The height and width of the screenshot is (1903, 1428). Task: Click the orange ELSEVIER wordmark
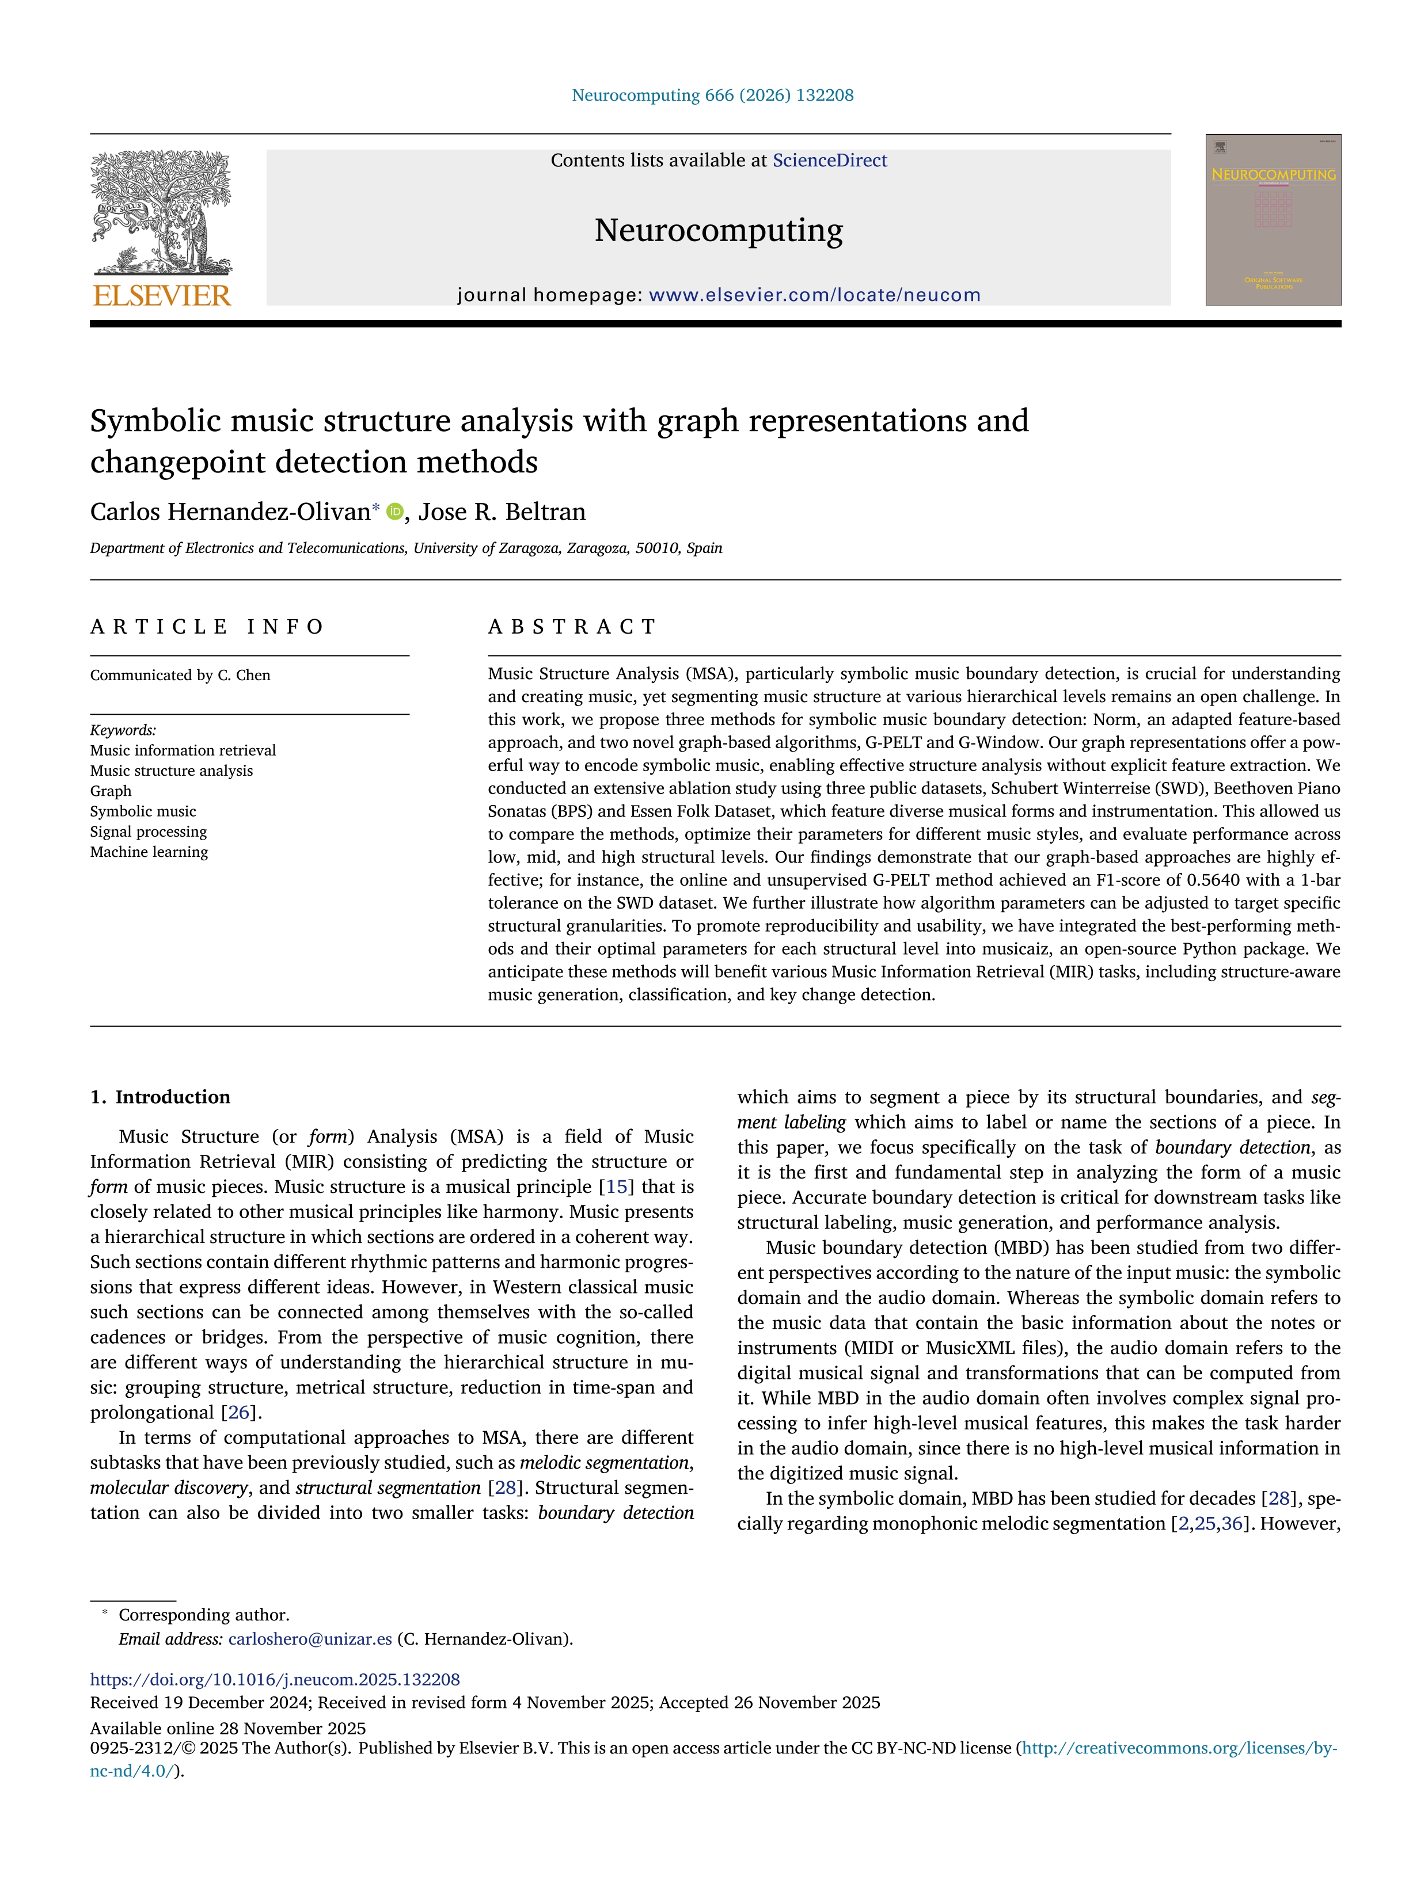pos(161,296)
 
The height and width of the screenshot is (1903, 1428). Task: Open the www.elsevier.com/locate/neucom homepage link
pos(814,295)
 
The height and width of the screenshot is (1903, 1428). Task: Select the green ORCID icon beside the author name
pos(395,512)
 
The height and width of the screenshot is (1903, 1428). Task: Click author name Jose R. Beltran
pos(502,512)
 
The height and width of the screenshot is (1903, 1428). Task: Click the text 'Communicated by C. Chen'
pos(180,676)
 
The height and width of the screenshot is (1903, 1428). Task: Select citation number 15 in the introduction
pos(616,1187)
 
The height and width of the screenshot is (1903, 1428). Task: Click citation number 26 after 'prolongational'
pos(238,1413)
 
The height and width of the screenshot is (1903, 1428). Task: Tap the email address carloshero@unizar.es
pos(310,1639)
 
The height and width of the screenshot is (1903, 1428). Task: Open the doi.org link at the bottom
pos(275,1679)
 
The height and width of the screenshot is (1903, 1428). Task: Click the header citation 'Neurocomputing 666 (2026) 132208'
pos(713,96)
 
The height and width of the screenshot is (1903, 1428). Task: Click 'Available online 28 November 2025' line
pos(228,1729)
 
